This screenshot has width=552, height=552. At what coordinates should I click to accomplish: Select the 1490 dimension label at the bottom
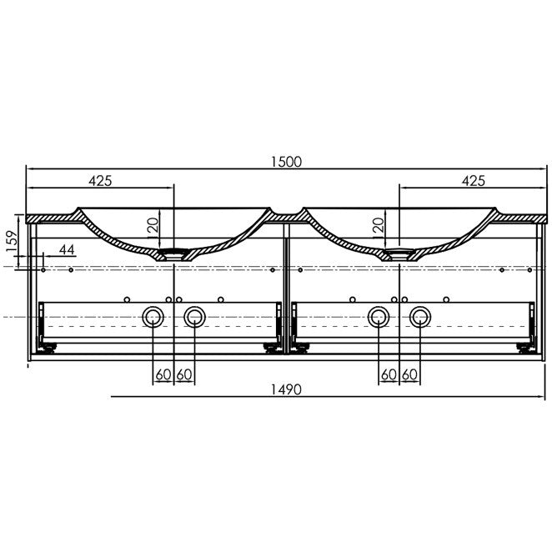tap(284, 389)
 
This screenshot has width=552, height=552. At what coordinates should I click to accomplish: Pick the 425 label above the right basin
tap(473, 180)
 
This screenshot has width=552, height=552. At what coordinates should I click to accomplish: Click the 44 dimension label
tap(67, 249)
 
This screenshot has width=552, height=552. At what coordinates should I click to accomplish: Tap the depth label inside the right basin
tap(379, 225)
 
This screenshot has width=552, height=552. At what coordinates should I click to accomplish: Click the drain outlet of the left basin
tap(173, 253)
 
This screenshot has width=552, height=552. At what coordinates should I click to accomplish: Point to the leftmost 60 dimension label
tap(163, 375)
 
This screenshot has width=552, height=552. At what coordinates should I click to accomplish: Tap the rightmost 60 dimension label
tap(409, 375)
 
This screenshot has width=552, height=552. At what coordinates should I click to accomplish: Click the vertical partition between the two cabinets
tap(284, 284)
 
